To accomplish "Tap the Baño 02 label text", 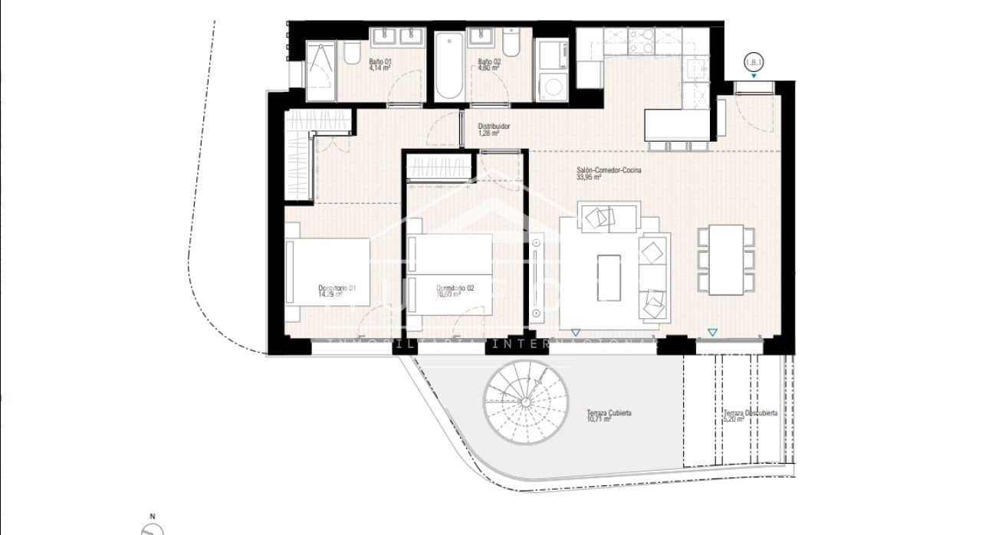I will point(488,64).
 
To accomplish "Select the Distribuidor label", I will point(494,129).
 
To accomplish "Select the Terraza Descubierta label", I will point(750,415).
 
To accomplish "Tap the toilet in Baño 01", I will point(352,54).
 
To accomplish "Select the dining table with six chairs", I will point(725,260).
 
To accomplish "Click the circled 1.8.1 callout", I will point(754,63).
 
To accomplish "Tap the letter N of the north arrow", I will point(153,516).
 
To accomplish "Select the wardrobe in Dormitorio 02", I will point(439,166).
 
